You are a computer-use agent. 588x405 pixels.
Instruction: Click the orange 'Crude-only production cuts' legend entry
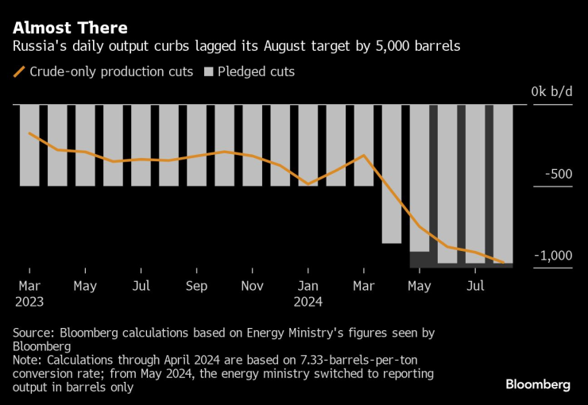coord(103,71)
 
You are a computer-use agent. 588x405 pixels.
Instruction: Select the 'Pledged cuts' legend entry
coord(250,71)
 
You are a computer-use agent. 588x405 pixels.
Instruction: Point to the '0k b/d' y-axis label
coord(551,92)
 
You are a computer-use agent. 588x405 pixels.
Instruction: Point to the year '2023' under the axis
coord(29,302)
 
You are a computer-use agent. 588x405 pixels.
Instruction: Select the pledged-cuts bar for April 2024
coord(391,173)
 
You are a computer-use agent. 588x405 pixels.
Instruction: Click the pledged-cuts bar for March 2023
coord(29,145)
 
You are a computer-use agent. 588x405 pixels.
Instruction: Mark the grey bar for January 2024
coord(308,145)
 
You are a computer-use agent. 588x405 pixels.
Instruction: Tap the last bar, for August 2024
coord(503,183)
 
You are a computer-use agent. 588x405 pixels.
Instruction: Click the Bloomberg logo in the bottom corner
coord(538,384)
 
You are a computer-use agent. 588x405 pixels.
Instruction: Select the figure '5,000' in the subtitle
coord(380,47)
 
